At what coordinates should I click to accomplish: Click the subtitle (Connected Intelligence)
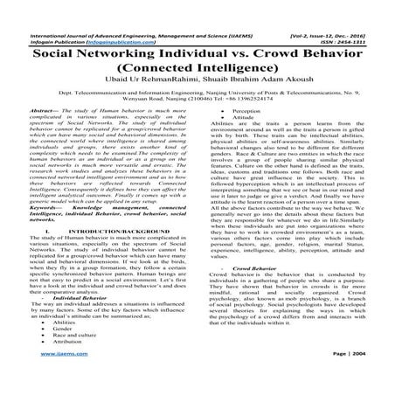(197, 67)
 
